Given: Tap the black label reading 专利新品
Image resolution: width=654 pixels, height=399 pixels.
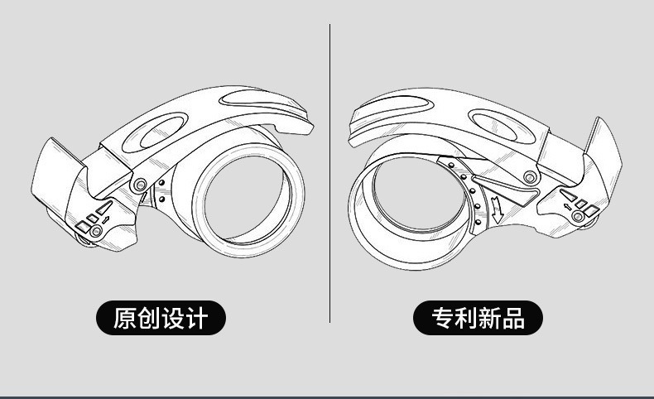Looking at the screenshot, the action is pyautogui.click(x=478, y=318).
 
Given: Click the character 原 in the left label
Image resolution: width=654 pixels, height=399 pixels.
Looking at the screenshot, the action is pyautogui.click(x=124, y=318).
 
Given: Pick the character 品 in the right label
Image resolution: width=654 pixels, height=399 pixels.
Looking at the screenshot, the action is pyautogui.click(x=513, y=318).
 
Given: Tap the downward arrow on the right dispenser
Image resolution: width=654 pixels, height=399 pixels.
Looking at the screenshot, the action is pyautogui.click(x=496, y=209).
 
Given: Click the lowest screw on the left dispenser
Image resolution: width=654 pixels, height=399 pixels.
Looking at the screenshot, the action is pyautogui.click(x=96, y=234).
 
